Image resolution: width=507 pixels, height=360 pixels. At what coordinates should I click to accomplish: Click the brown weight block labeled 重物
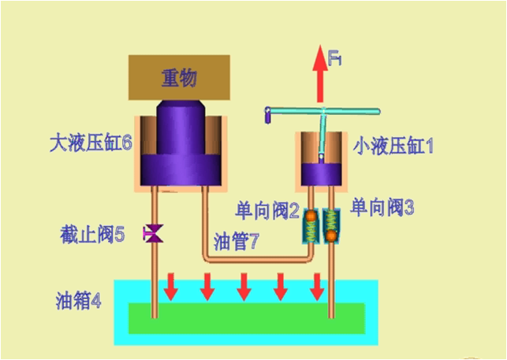click(179, 77)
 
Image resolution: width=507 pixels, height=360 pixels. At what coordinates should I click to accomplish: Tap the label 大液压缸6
click(89, 145)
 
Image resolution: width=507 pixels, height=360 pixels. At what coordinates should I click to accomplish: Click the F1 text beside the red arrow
click(335, 58)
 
